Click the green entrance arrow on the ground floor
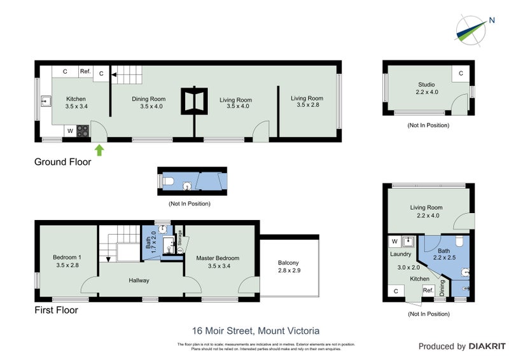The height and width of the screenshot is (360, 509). coord(99,150)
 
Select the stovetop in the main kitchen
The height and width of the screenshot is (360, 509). coord(83,130)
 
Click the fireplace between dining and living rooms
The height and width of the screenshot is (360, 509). coord(193,100)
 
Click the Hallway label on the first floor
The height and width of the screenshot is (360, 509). coord(139,280)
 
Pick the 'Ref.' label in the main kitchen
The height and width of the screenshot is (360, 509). coord(85,72)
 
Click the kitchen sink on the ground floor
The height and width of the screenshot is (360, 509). coord(46,100)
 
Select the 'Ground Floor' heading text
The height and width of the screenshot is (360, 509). coord(62,162)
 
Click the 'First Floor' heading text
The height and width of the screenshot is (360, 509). coord(56,310)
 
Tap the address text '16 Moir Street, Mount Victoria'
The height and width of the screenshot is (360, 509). coord(255,331)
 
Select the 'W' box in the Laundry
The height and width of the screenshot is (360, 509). coord(394,242)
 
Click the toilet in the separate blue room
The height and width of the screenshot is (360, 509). coord(169,182)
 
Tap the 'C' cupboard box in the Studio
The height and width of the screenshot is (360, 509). coord(460,74)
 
